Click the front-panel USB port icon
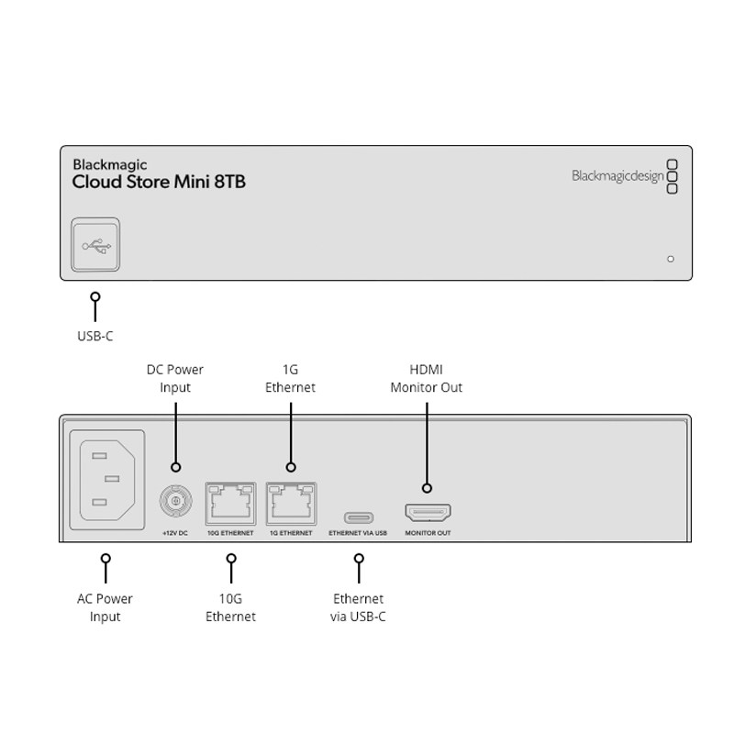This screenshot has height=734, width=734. pyautogui.click(x=95, y=246)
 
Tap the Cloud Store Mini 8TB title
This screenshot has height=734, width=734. pyautogui.click(x=159, y=182)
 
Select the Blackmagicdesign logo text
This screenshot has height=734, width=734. pyautogui.click(x=617, y=176)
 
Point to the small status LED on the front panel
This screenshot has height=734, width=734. pyautogui.click(x=671, y=259)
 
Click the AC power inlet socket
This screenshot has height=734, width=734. pyautogui.click(x=106, y=479)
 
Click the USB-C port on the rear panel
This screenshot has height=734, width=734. pyautogui.click(x=358, y=517)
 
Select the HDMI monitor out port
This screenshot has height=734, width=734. pyautogui.click(x=428, y=513)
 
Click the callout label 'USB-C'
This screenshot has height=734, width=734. pyautogui.click(x=95, y=337)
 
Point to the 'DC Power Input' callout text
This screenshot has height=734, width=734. pyautogui.click(x=175, y=378)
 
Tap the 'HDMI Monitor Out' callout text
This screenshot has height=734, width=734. pyautogui.click(x=427, y=378)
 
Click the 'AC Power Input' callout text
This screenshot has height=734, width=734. pyautogui.click(x=106, y=607)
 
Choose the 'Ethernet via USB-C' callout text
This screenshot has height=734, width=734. pyautogui.click(x=358, y=607)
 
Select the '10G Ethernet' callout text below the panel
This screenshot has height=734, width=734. pyautogui.click(x=230, y=607)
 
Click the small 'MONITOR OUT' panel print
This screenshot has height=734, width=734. pyautogui.click(x=428, y=533)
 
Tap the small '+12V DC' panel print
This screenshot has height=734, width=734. pyautogui.click(x=175, y=533)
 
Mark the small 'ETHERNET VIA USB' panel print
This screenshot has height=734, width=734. pyautogui.click(x=358, y=533)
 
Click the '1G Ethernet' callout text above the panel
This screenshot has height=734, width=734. pyautogui.click(x=290, y=378)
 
